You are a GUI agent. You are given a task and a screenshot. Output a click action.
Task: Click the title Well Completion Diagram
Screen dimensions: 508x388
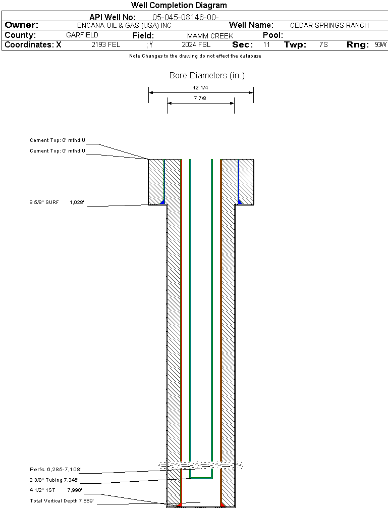coord(179,6)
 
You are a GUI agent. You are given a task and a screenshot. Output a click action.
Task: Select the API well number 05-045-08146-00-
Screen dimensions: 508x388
coord(185,18)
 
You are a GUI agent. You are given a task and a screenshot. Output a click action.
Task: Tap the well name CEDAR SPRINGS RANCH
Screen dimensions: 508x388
coord(329,25)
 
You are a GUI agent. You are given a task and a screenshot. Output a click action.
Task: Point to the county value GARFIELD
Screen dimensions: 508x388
coord(82,35)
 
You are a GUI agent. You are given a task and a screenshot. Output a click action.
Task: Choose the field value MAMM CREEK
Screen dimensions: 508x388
coord(210,36)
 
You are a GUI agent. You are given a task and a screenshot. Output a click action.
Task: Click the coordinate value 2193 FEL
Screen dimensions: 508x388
coord(106,45)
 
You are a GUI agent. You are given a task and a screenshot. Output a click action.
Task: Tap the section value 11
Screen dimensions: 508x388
coord(266,45)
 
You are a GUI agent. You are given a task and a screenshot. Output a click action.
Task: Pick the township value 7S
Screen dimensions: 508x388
coord(323,45)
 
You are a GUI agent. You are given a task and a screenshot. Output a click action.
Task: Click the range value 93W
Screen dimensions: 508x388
coord(380,45)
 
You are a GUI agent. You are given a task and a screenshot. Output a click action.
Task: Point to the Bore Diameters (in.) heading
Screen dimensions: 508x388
coord(207,76)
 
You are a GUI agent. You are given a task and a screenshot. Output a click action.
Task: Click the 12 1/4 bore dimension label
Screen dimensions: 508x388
coord(200,87)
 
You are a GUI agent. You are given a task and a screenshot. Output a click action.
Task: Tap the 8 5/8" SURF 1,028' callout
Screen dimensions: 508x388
coord(56,202)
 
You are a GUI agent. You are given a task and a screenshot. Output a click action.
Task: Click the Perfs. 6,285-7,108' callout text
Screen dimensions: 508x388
coord(55,470)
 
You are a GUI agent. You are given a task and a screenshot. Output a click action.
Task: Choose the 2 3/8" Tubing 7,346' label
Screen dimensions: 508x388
coord(54,480)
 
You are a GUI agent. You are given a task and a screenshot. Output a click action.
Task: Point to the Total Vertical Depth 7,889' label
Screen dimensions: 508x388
coord(62,500)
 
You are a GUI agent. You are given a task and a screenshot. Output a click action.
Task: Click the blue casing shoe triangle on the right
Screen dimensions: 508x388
coord(240,202)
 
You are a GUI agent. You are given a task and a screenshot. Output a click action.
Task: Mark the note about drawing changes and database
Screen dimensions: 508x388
coord(195,56)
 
